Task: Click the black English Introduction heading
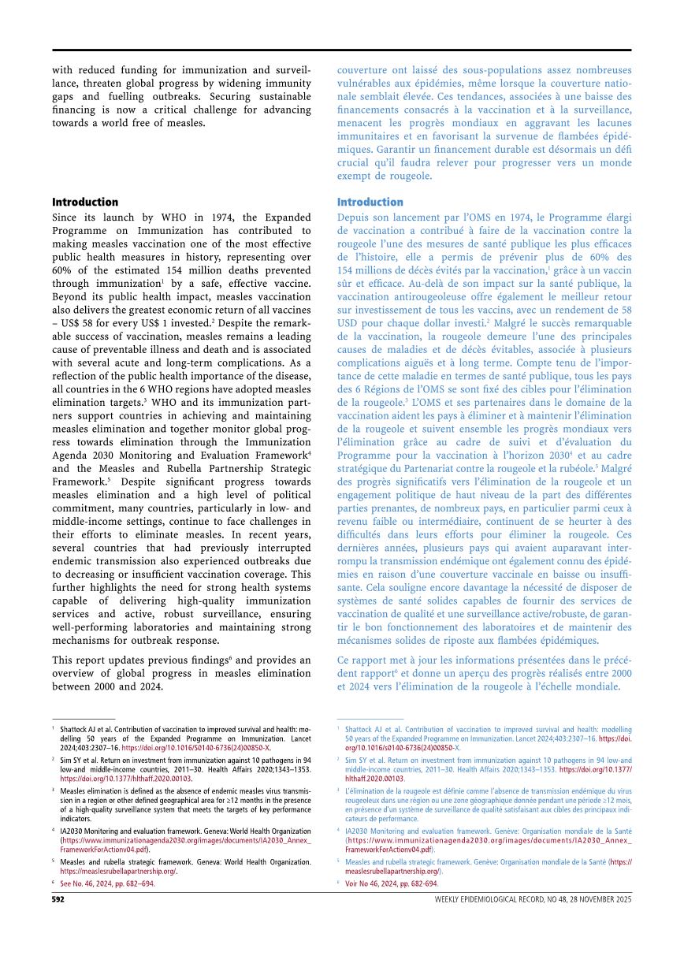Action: click(85, 202)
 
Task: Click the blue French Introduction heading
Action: click(370, 202)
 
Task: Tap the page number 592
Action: click(58, 898)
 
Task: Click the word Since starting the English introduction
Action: click(66, 217)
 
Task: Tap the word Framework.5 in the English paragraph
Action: click(81, 480)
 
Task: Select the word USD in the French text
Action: click(348, 323)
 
